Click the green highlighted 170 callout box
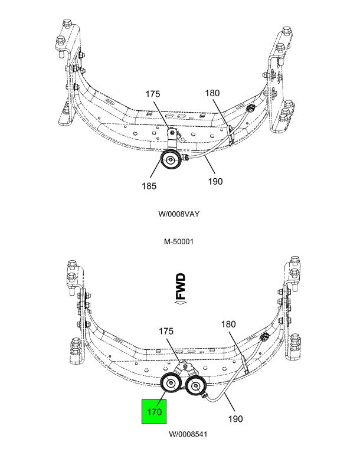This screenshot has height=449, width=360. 154,411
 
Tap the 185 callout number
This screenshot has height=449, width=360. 149,186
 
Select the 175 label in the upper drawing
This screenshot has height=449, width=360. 153,94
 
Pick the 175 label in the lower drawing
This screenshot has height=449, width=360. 166,332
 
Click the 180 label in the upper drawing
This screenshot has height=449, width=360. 212,93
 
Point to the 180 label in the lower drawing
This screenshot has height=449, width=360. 228,324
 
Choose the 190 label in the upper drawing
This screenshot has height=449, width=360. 215,181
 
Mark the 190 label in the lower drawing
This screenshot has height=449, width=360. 235,419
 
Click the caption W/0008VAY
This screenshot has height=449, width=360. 179,214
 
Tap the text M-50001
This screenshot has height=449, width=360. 179,241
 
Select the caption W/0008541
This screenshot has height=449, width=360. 188,434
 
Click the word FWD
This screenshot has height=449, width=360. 181,286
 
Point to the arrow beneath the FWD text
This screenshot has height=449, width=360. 181,302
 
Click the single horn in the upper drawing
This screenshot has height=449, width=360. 171,159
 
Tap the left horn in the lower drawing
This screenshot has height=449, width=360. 171,383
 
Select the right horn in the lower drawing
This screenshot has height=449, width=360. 195,386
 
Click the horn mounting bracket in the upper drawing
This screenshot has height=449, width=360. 172,139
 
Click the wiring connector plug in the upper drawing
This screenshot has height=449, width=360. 250,108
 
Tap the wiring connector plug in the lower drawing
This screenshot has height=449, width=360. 264,336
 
